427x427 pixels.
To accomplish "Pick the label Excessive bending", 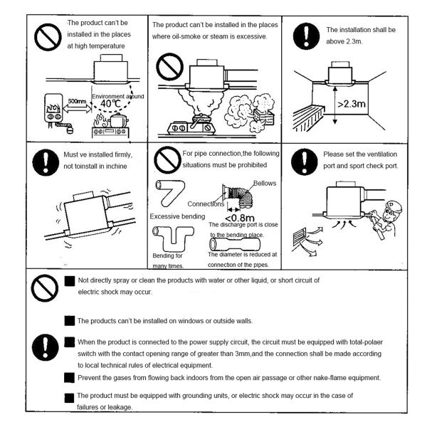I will click(x=179, y=216).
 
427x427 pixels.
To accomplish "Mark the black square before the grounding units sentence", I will click(x=70, y=395).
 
